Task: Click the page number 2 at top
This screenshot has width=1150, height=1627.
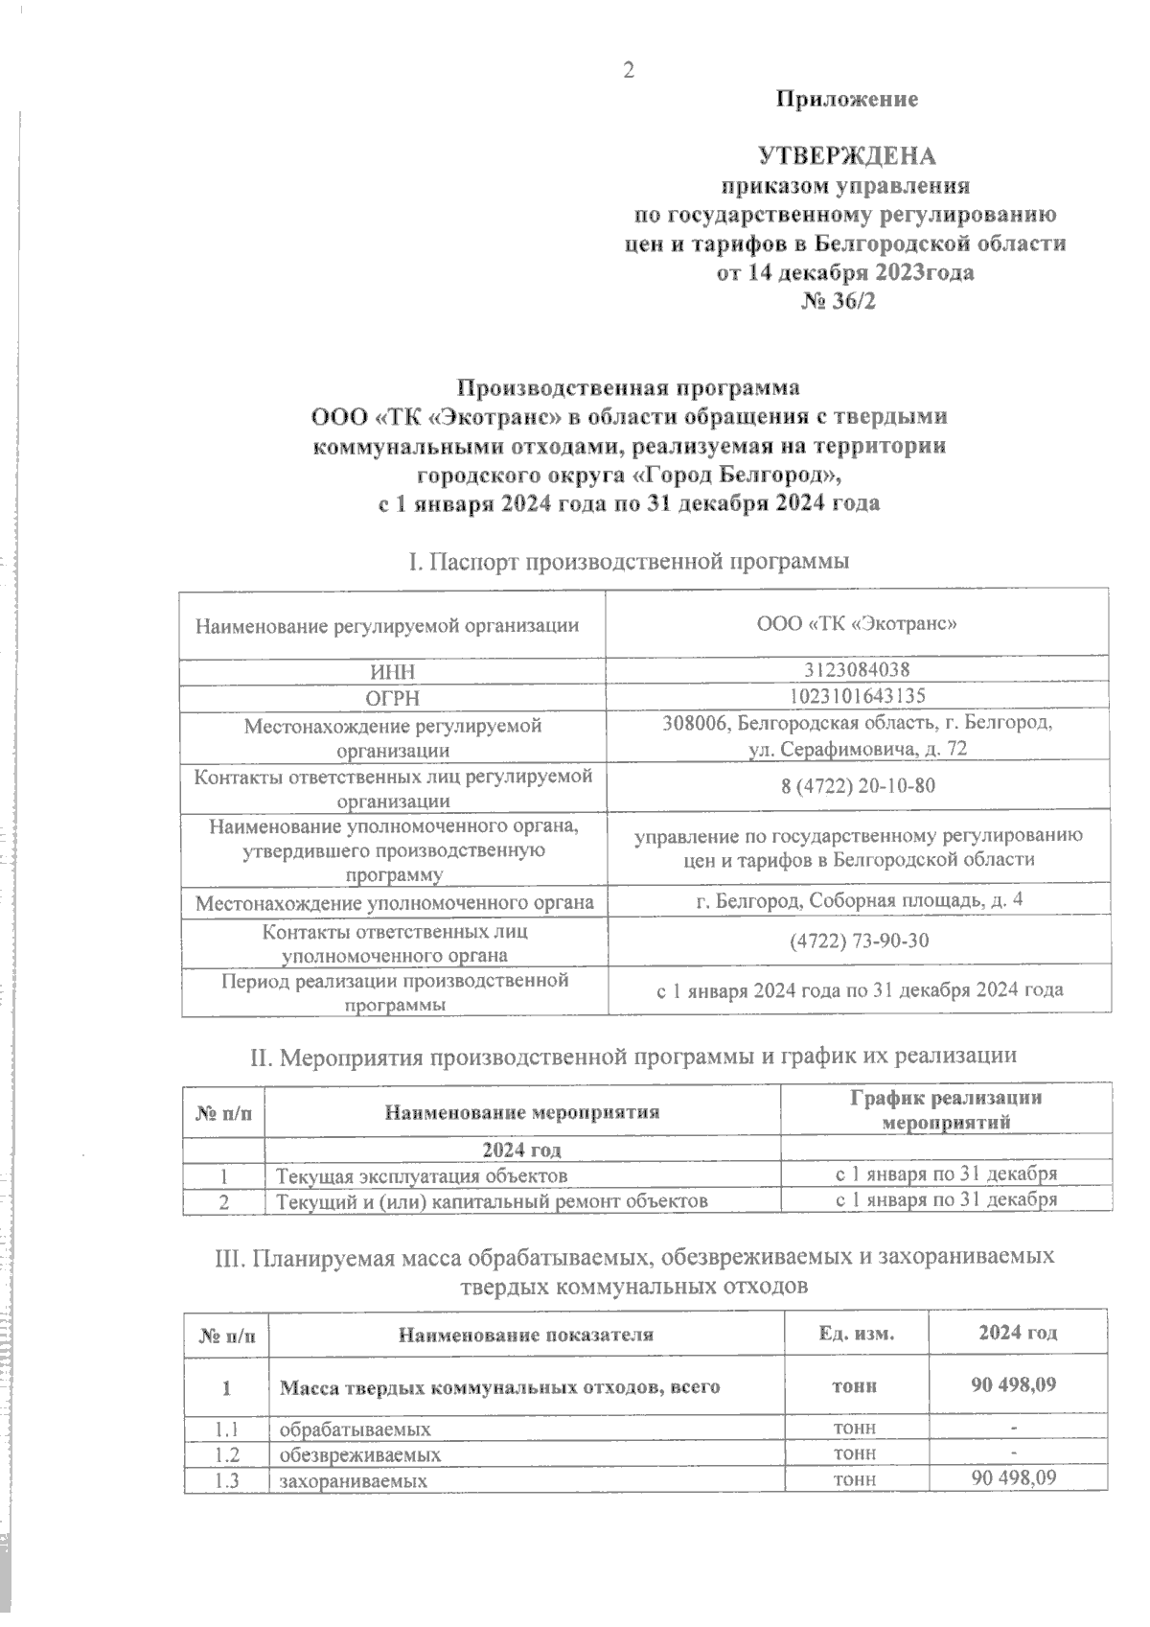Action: pyautogui.click(x=629, y=70)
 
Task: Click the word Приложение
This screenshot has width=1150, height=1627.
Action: pyautogui.click(x=846, y=100)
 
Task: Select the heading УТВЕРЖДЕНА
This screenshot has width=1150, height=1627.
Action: pyautogui.click(x=846, y=156)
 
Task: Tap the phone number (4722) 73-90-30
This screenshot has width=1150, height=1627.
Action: pyautogui.click(x=859, y=941)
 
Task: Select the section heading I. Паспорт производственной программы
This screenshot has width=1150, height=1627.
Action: pyautogui.click(x=629, y=561)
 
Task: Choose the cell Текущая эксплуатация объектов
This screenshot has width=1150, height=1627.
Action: pyautogui.click(x=422, y=1175)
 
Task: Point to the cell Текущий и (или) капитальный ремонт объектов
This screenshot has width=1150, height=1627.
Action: pyautogui.click(x=492, y=1200)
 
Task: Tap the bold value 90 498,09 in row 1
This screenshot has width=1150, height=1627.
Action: pyautogui.click(x=1014, y=1385)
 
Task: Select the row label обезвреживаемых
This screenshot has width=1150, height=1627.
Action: pyautogui.click(x=359, y=1454)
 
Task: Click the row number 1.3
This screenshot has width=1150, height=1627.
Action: pyautogui.click(x=226, y=1480)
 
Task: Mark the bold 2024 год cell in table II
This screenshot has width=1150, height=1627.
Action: pyautogui.click(x=521, y=1150)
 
